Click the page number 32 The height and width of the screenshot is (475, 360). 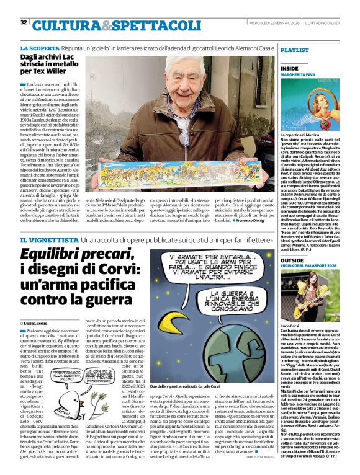tap(23, 22)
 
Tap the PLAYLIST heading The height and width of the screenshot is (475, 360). tap(295, 50)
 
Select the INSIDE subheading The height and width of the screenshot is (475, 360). tap(290, 68)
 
